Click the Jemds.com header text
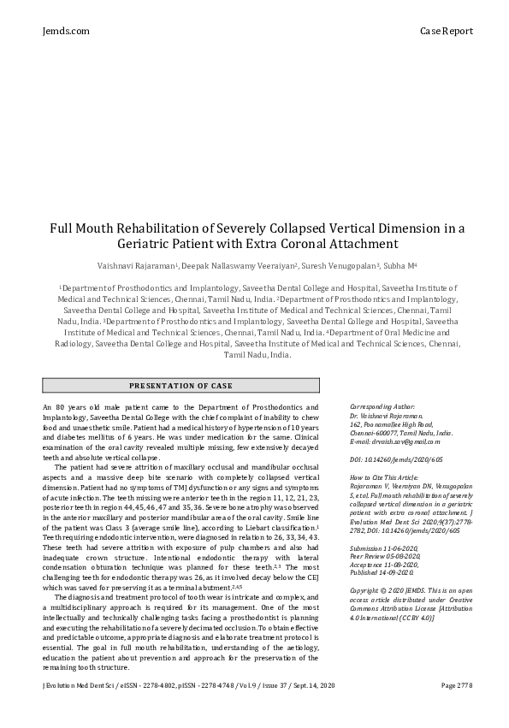point(64,32)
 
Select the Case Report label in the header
point(446,32)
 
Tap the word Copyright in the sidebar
point(368,590)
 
